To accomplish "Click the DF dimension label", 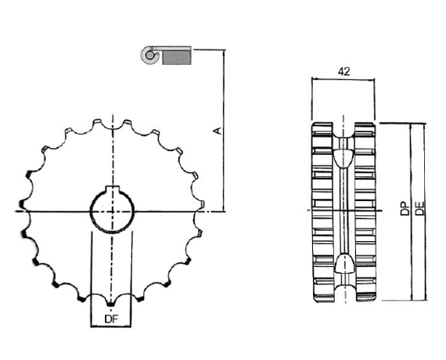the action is (x=111, y=319).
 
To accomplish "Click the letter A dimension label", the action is (x=218, y=131).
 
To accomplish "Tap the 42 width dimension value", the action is (x=343, y=71).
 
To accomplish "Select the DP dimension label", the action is (x=405, y=209).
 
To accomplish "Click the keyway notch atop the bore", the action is (x=113, y=189).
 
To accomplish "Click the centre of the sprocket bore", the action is (x=112, y=211).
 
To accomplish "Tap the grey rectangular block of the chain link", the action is (x=176, y=58).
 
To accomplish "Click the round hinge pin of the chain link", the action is (x=149, y=54).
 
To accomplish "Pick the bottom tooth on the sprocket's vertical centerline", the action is (x=110, y=304).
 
